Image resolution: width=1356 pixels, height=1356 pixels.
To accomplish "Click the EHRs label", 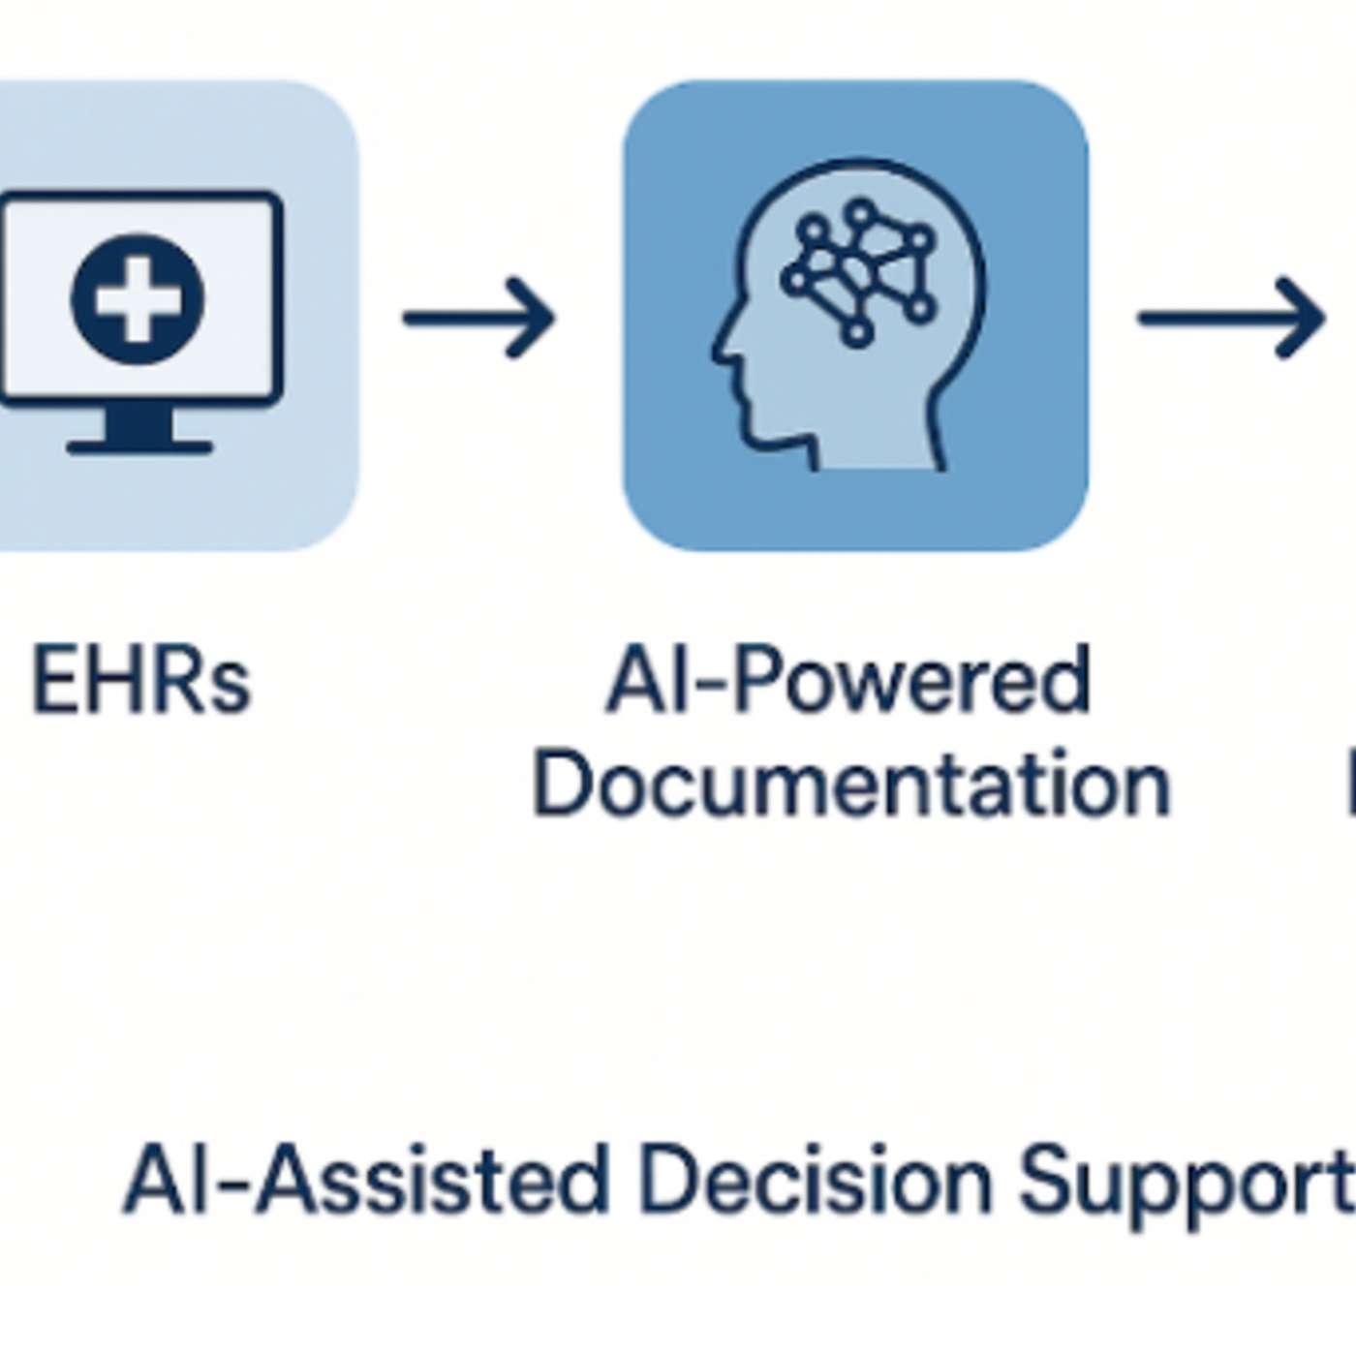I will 141,681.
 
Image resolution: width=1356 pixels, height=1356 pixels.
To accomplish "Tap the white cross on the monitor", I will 138,299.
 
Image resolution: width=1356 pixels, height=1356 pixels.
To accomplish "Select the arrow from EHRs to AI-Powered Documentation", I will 478,318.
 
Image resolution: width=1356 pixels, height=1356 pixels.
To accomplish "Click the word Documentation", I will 851,785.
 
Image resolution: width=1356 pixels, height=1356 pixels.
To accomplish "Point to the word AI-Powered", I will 848,681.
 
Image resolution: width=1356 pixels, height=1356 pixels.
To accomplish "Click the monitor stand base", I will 139,446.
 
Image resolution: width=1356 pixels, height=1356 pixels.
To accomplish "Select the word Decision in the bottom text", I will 815,1180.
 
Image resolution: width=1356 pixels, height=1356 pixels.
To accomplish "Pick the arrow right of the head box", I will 1230,318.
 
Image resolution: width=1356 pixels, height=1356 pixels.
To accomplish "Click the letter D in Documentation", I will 559,785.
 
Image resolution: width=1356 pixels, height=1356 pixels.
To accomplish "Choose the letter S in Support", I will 1044,1180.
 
